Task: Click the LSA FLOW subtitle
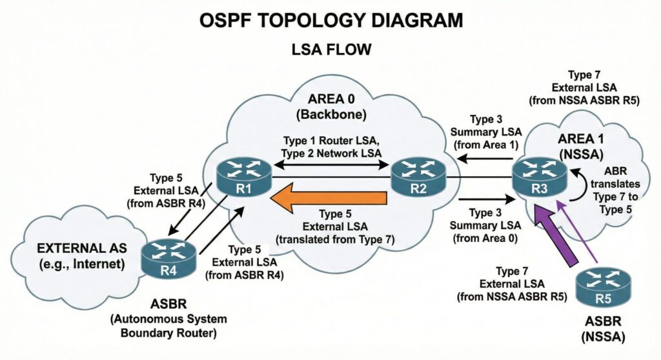tap(330, 49)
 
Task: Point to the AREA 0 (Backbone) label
tap(330, 108)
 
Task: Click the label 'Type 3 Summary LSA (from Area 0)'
tap(489, 226)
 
